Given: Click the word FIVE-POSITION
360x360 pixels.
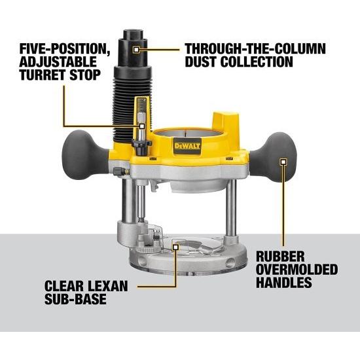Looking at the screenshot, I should pyautogui.click(x=59, y=49).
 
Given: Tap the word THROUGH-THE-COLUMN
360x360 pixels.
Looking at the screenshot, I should pyautogui.click(x=255, y=49).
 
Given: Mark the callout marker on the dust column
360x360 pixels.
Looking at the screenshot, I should pyautogui.click(x=135, y=48).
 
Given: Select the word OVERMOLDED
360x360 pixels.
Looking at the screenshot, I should pyautogui.click(x=296, y=270).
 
